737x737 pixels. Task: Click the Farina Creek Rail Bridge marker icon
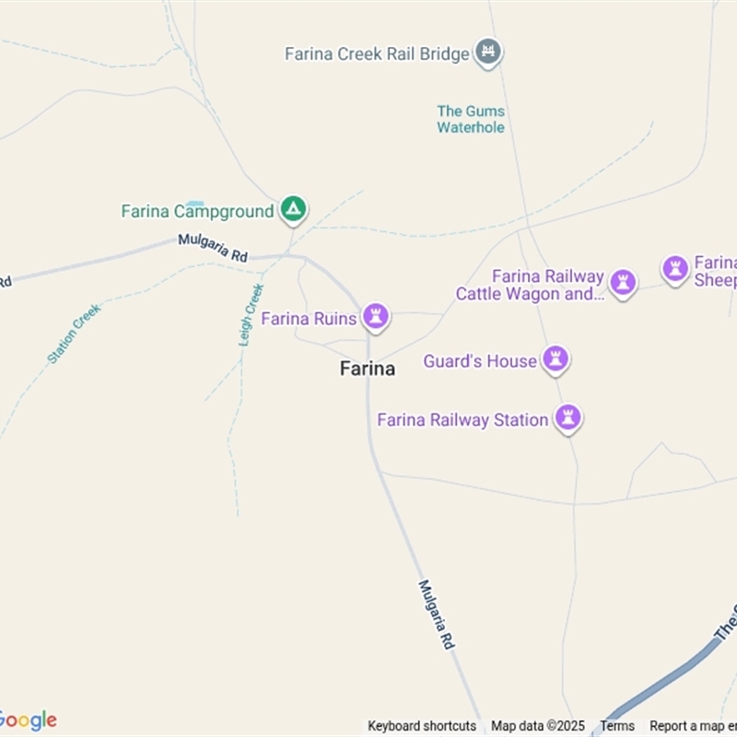(x=488, y=52)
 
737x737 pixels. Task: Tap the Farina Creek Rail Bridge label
(x=377, y=53)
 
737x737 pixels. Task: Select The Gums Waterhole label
(x=471, y=119)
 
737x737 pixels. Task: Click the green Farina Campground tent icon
(x=293, y=210)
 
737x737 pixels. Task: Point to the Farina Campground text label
(x=197, y=211)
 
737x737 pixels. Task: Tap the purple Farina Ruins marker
(x=375, y=317)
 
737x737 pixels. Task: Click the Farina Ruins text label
(x=309, y=319)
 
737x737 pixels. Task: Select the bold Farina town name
(x=368, y=368)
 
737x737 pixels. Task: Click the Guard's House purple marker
(x=555, y=359)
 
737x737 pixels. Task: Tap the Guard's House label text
(x=479, y=361)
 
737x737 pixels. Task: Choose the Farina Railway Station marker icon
(x=567, y=418)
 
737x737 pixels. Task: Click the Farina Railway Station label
(x=462, y=420)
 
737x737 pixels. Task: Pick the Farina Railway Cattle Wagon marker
(x=623, y=283)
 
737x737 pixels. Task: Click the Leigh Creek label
(x=252, y=314)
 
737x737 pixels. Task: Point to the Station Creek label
(x=74, y=333)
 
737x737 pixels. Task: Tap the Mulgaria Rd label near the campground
(x=213, y=248)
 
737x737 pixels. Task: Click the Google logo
(x=29, y=719)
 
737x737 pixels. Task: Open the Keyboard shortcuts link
(x=422, y=726)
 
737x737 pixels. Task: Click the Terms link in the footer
(x=617, y=726)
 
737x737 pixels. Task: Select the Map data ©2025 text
(x=538, y=726)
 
